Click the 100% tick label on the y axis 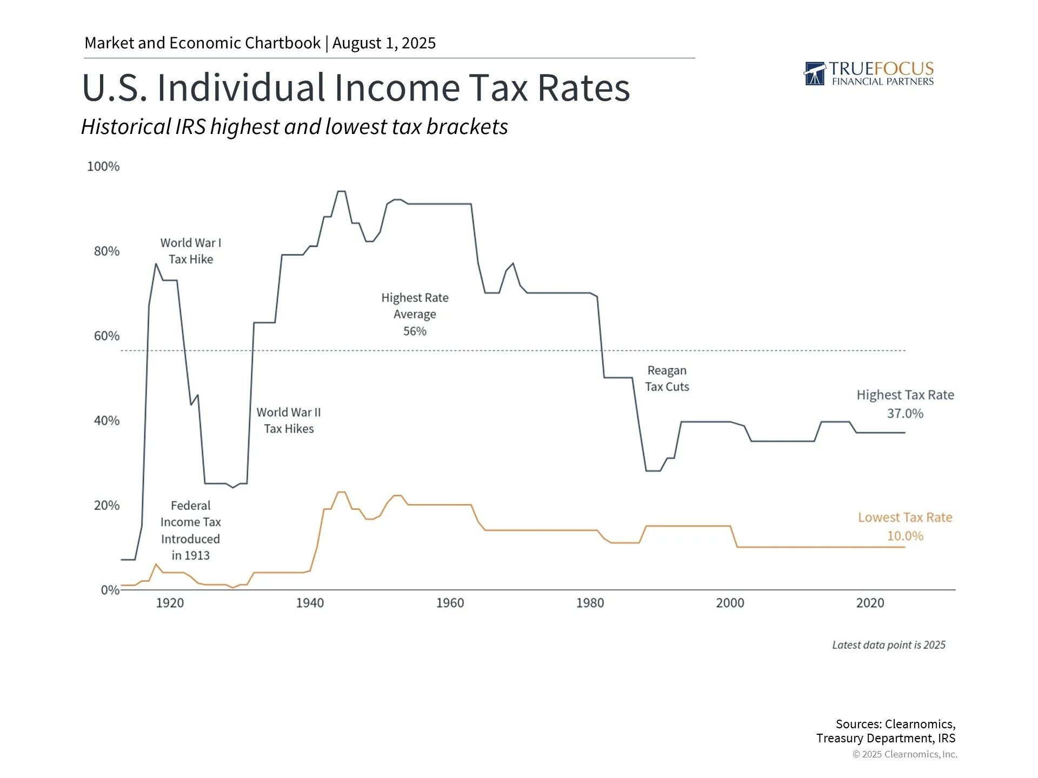103,166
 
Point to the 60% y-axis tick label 107,336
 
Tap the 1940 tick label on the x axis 310,603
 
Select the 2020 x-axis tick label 870,603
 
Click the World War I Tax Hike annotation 191,251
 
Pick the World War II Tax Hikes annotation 289,420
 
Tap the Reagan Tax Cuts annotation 667,379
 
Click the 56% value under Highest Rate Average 415,331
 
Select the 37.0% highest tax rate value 905,413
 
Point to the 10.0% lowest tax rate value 905,536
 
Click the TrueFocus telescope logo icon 815,74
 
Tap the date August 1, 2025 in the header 384,43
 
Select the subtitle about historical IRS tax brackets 295,127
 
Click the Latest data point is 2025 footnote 888,645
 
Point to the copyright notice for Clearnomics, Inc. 904,754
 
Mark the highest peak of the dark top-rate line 341,191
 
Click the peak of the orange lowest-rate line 341,492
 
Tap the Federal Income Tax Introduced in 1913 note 190,530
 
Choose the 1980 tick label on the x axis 590,603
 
